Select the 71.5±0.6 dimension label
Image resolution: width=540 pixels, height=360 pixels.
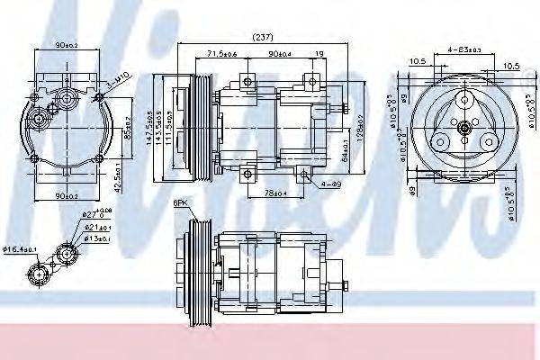220,55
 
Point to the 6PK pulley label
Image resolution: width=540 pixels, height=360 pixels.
183,204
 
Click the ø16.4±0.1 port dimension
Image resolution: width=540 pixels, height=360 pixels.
18,248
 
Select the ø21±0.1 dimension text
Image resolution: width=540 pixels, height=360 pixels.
96,228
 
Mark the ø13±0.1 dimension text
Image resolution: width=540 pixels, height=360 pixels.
96,239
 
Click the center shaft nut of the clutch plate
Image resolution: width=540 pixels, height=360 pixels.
463,130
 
